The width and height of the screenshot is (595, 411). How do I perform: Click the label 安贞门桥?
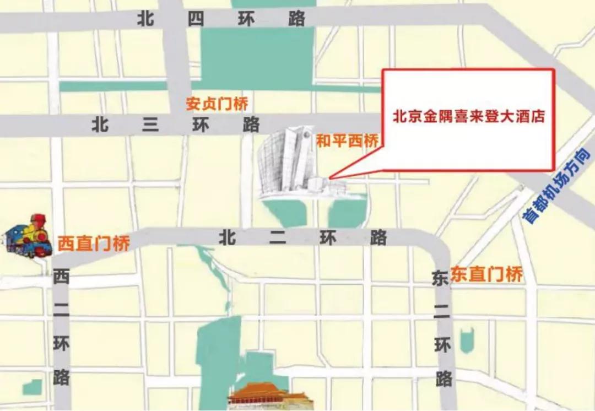(x=217, y=104)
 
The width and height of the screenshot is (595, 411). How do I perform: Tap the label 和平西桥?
(x=347, y=141)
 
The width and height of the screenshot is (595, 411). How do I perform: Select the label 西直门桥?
(x=93, y=243)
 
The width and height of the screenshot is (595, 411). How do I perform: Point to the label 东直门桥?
(x=486, y=274)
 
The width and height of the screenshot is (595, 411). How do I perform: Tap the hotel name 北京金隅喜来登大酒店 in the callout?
(x=468, y=117)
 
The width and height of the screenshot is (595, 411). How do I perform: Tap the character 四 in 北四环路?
(x=196, y=19)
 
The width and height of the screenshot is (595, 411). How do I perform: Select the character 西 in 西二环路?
(x=61, y=278)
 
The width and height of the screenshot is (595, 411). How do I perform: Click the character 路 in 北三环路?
(x=251, y=125)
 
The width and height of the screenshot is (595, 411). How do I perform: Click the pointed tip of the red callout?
(x=330, y=177)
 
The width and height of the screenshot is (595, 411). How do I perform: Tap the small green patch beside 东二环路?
(x=467, y=340)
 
